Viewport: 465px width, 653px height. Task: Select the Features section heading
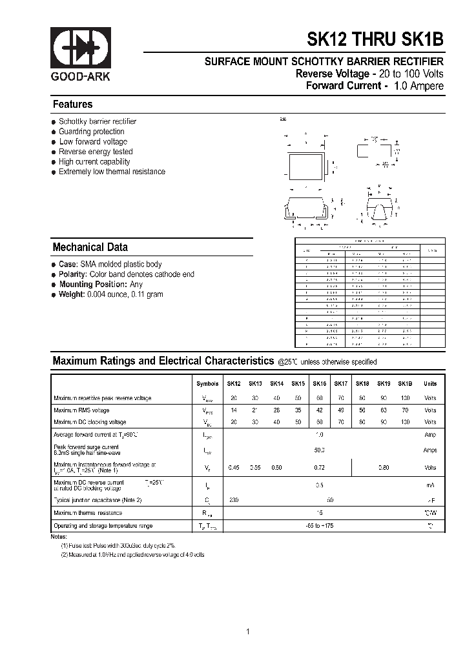click(x=72, y=105)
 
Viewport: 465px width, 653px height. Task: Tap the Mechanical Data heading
click(x=90, y=247)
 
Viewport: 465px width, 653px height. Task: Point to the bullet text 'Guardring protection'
click(x=91, y=132)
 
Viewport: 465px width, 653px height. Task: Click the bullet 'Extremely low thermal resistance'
click(x=112, y=172)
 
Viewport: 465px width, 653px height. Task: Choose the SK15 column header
click(x=298, y=383)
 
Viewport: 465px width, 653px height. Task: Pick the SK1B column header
click(x=405, y=383)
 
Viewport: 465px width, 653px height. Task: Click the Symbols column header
click(x=207, y=383)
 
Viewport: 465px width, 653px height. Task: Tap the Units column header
click(x=430, y=383)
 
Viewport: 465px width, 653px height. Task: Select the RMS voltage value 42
click(x=319, y=410)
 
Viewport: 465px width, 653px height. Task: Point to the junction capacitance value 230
click(x=234, y=499)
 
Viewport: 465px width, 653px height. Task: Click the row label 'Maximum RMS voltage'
click(x=81, y=410)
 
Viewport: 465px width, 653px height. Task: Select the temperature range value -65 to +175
click(x=319, y=527)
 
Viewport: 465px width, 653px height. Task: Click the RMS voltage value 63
click(x=384, y=410)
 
